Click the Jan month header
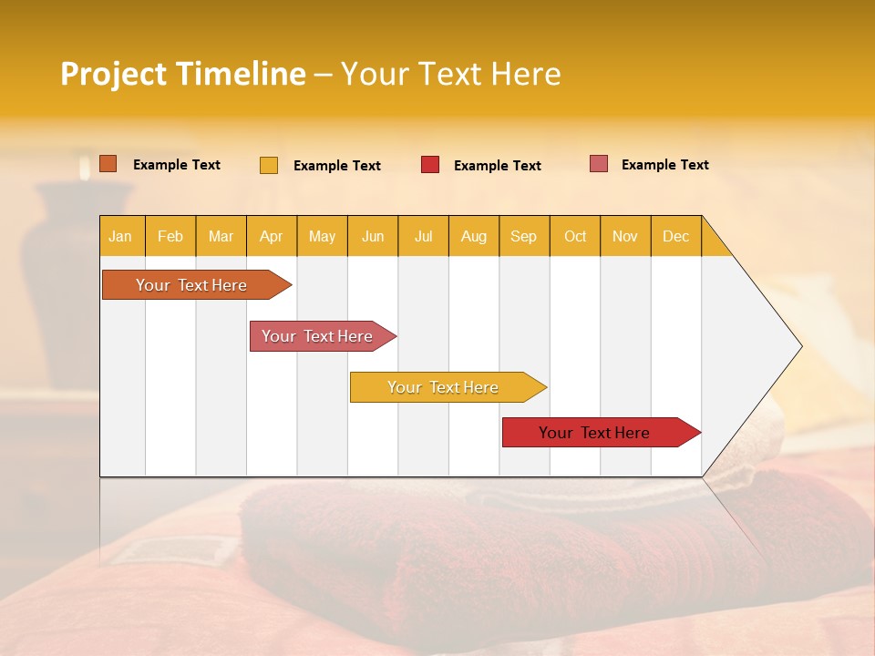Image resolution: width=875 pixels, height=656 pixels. point(120,236)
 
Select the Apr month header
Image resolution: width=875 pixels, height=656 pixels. point(271,236)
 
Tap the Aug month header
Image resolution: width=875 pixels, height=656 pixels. point(473,236)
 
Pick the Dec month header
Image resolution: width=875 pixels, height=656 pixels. point(675,236)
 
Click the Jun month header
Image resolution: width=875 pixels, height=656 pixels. point(372,236)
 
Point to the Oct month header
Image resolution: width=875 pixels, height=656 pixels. point(574,236)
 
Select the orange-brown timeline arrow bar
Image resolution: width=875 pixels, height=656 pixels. point(191,285)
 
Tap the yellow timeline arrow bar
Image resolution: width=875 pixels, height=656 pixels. point(444,387)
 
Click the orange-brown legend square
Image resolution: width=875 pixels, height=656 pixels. point(108,164)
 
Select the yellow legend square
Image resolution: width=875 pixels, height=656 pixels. point(268,165)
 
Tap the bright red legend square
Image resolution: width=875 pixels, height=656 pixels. point(430,165)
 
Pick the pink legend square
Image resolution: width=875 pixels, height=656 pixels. point(599,164)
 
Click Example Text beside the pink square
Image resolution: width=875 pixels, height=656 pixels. point(664,164)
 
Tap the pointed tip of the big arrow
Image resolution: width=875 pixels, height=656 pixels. point(799,346)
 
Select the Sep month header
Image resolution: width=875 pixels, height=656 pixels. point(523,236)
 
